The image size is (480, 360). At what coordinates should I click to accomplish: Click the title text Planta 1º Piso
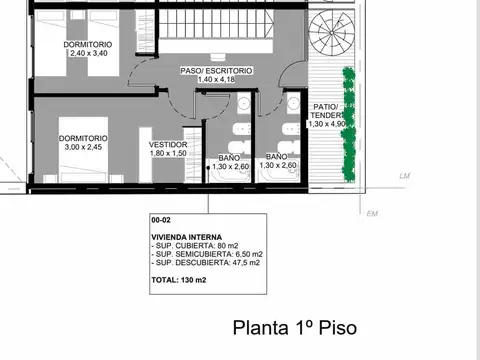click(293, 328)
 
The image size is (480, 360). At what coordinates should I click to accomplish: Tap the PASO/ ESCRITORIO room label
click(216, 71)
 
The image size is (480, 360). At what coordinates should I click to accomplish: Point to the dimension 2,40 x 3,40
click(85, 54)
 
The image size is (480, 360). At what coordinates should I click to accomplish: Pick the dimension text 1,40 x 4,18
click(216, 80)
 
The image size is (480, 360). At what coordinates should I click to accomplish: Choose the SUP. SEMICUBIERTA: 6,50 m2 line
click(205, 255)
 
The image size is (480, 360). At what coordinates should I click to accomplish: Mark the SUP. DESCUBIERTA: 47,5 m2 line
click(205, 264)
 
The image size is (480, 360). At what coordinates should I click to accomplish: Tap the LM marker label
click(405, 176)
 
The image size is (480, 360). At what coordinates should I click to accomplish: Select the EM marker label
click(372, 213)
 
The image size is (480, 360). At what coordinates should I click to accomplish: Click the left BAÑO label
click(229, 157)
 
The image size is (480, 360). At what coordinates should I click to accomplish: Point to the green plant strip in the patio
click(348, 125)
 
